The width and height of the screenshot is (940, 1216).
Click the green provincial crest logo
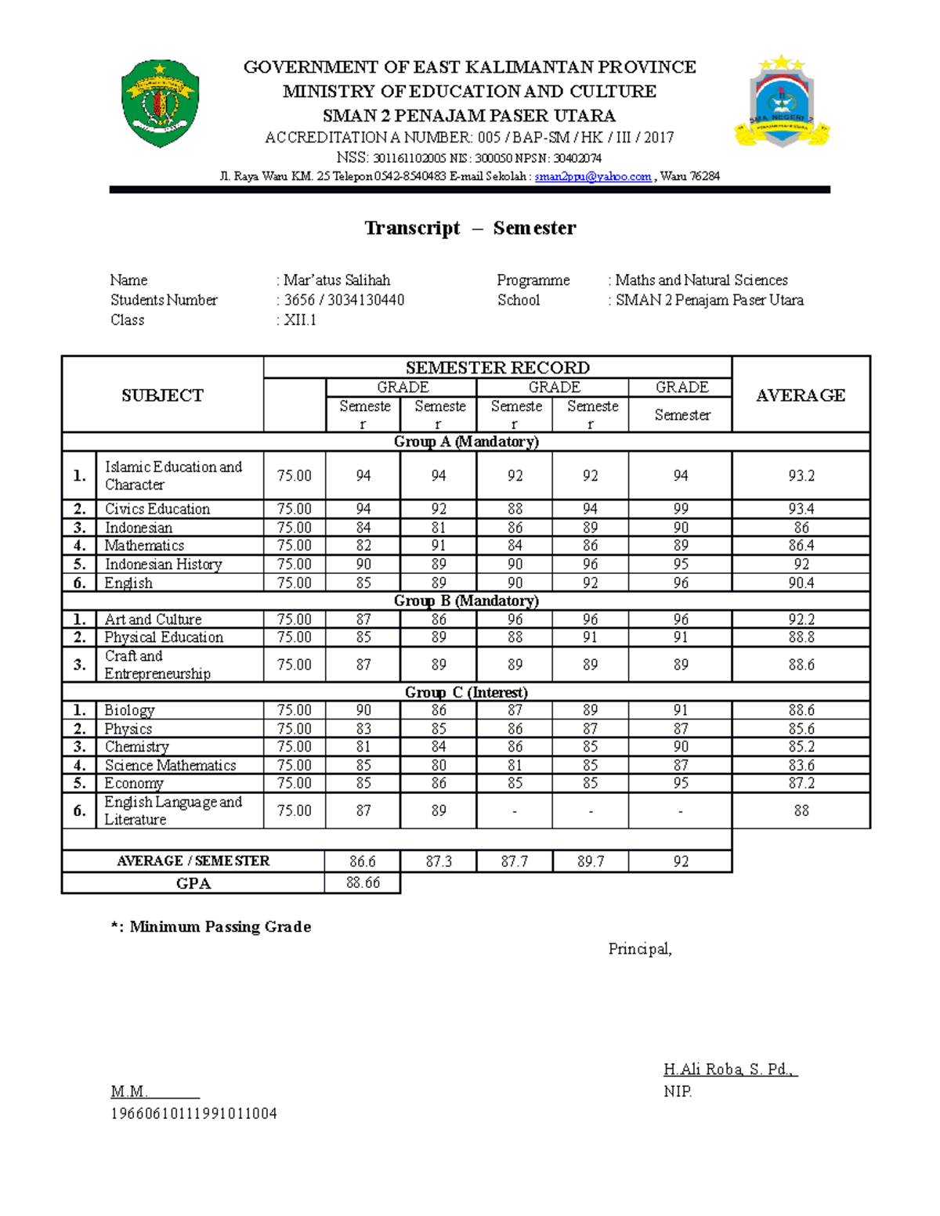point(161,103)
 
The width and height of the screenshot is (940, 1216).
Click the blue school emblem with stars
point(782,102)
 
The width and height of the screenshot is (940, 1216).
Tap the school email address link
point(592,176)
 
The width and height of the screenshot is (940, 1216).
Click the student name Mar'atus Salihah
point(337,280)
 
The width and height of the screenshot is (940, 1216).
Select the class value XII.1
point(300,319)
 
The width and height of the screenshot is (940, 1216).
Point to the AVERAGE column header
point(800,395)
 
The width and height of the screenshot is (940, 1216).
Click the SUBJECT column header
point(162,395)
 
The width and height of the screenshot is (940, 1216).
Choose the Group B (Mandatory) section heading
point(466,601)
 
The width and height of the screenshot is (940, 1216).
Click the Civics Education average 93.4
point(801,509)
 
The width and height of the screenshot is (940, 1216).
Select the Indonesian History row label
point(163,565)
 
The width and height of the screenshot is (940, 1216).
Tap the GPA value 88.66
point(363,882)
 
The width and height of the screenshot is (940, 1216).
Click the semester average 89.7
point(590,861)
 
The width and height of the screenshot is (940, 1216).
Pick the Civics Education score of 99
point(681,509)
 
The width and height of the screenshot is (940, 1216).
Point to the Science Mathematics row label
point(170,765)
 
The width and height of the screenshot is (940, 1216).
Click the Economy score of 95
point(681,783)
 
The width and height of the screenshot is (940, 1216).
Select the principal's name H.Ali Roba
point(728,1070)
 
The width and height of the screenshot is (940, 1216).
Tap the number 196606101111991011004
point(193,1113)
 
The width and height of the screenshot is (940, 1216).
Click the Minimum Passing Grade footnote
point(211,927)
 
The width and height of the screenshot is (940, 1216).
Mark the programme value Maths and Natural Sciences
point(701,280)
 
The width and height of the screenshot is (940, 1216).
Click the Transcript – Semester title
point(470,228)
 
